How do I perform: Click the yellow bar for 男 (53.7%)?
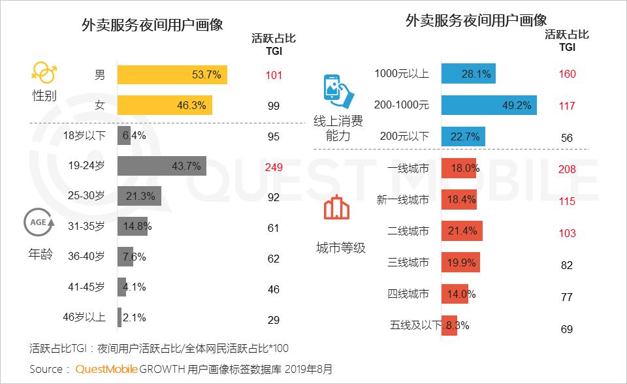(172, 74)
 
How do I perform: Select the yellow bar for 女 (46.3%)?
(165, 105)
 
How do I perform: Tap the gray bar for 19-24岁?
(161, 166)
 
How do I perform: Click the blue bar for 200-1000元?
(489, 104)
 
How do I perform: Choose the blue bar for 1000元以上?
(468, 74)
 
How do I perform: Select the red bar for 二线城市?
(462, 231)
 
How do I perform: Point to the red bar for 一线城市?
(460, 168)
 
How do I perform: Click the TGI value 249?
(274, 167)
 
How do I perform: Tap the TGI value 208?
(567, 168)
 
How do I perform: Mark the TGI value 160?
(567, 74)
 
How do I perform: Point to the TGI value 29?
(274, 320)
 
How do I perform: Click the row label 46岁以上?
(84, 318)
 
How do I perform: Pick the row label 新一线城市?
(403, 200)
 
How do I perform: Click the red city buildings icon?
(337, 209)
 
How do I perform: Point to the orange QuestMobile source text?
(106, 369)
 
